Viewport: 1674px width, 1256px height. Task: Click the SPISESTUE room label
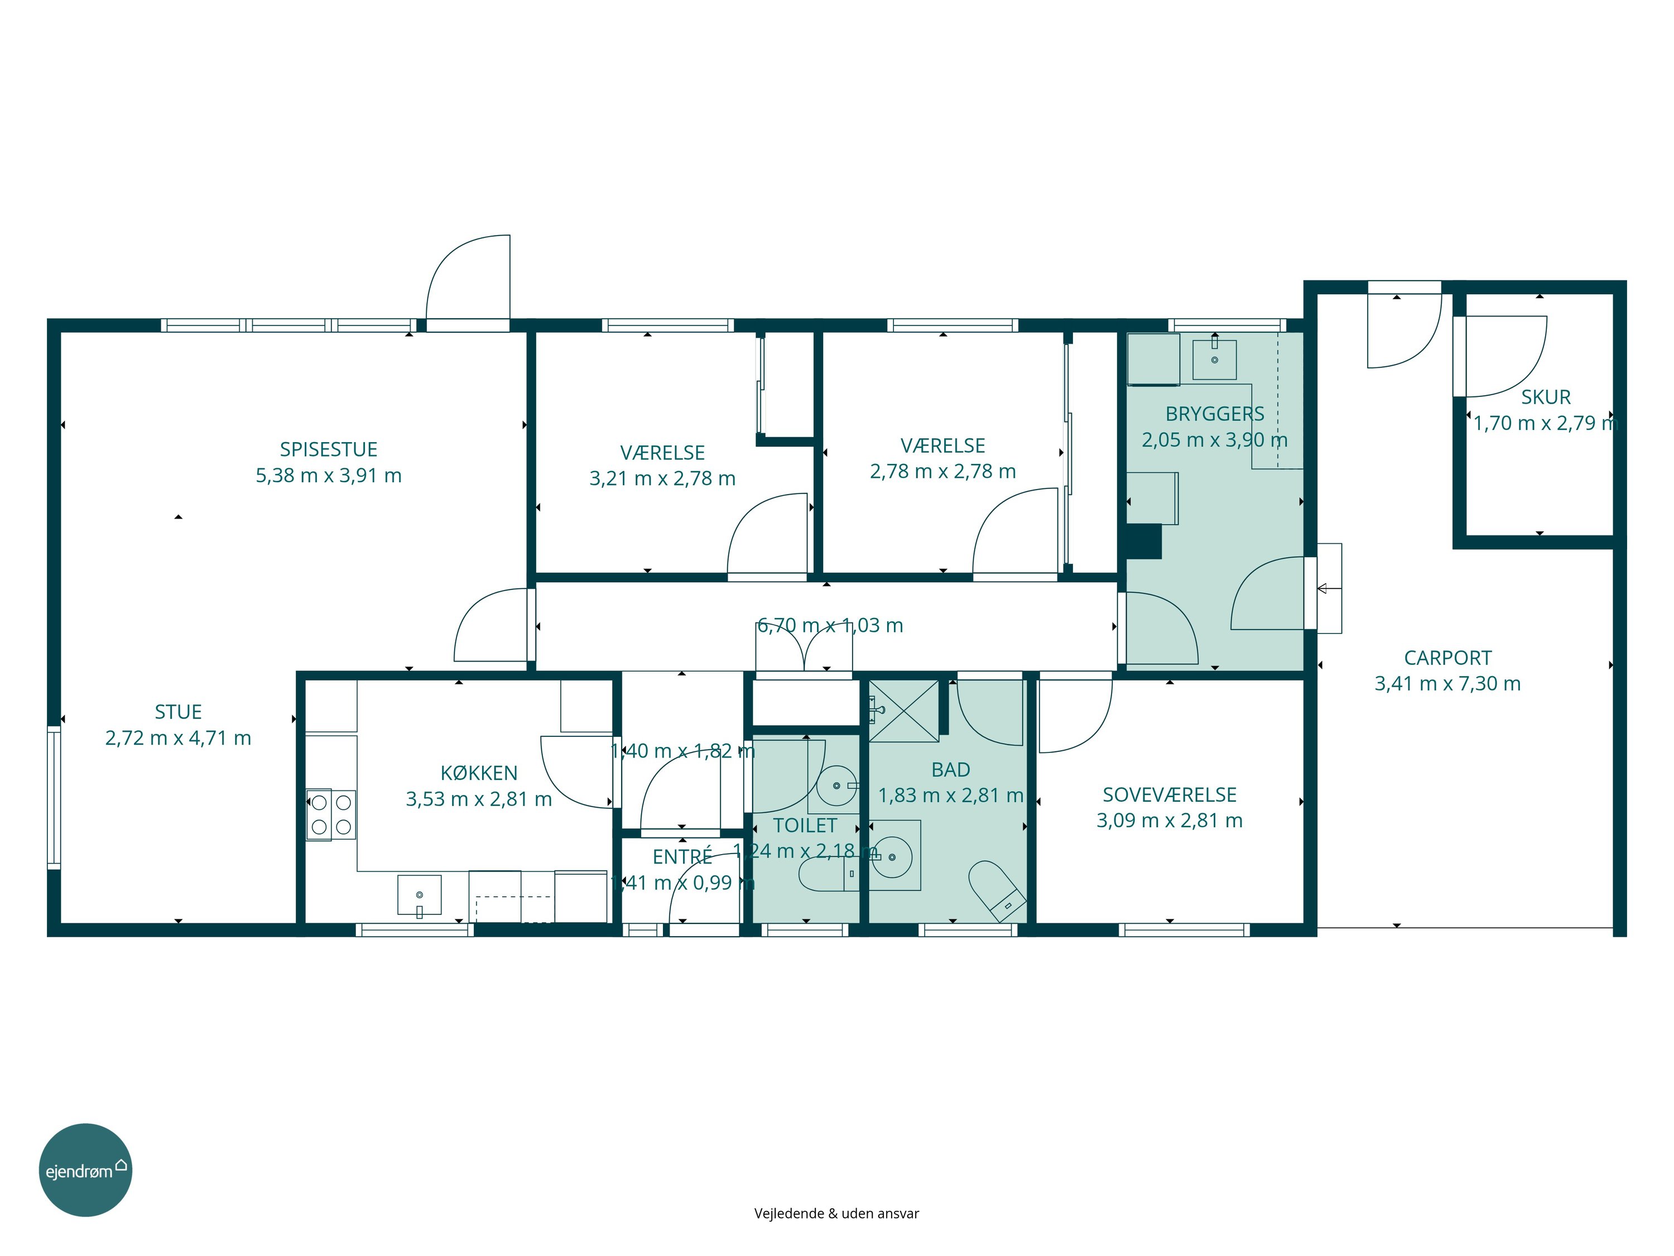point(329,450)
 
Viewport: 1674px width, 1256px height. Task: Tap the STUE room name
point(179,712)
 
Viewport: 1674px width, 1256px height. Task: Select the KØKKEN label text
point(479,773)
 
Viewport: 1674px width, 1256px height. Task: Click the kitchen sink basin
point(419,895)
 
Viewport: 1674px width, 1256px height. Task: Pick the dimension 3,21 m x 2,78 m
point(662,478)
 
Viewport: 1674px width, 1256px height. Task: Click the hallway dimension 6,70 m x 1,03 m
point(830,625)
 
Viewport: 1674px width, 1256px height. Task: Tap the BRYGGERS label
point(1215,414)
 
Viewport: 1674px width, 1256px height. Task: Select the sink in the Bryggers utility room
point(1215,359)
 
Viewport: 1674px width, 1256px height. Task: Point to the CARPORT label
point(1447,658)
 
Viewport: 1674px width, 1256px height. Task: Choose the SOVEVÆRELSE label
point(1169,795)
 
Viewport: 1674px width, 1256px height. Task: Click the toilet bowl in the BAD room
point(997,890)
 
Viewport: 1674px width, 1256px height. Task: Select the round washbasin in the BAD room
point(892,856)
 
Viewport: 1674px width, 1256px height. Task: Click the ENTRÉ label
point(682,856)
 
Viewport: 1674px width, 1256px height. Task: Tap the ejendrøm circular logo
point(85,1169)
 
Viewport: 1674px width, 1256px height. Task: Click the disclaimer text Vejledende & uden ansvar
point(836,1214)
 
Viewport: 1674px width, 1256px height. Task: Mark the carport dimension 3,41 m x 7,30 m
point(1447,684)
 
